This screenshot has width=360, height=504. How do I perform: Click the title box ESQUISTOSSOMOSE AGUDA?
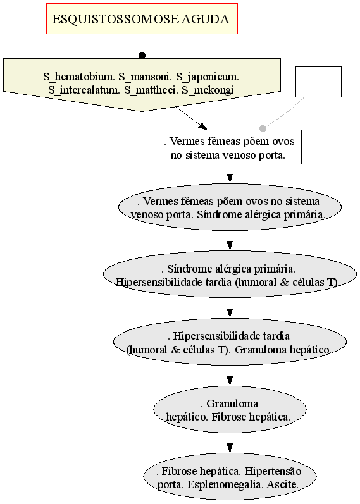pos(142,18)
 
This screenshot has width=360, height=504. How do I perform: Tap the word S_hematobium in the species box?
pos(80,77)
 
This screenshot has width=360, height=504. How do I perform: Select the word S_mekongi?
pos(208,90)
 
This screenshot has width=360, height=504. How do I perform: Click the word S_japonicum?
pos(208,77)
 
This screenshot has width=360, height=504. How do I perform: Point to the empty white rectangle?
pos(318,82)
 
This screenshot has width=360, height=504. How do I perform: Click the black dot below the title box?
pos(142,55)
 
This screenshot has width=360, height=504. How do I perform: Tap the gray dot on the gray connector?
pos(263,128)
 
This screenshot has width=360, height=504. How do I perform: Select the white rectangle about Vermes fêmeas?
pos(230,147)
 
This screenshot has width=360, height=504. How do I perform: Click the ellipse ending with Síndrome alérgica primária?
pos(230,207)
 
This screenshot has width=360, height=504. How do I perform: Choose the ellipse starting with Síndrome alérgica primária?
pos(230,275)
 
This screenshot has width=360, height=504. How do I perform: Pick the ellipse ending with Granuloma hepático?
pos(230,342)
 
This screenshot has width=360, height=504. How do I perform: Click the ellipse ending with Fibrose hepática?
pos(230,410)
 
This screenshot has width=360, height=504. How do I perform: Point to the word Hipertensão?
pos(273,471)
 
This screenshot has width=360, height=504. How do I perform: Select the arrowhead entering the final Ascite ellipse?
pos(230,448)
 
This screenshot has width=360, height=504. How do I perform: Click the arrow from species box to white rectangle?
pos(192,119)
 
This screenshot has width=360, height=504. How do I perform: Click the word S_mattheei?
pos(150,90)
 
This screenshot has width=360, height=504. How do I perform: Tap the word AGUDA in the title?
pos(205,19)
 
